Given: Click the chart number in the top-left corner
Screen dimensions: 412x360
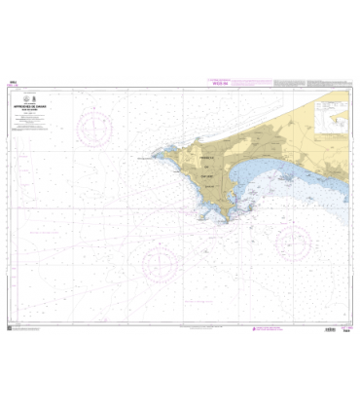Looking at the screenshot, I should (x=15, y=85).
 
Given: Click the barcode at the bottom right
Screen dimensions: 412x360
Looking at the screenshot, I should (x=330, y=329).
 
